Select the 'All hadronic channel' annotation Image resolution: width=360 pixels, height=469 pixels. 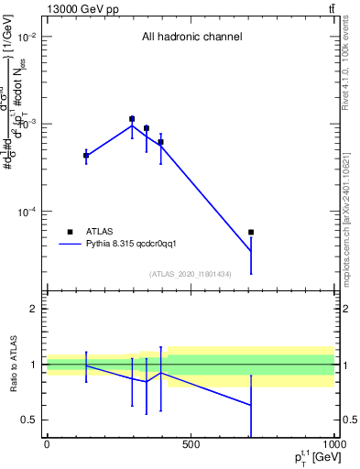pos(191,38)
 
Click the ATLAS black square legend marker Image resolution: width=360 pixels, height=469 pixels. pos(69,232)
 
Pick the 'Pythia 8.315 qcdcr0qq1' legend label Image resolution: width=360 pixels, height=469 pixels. pos(143,245)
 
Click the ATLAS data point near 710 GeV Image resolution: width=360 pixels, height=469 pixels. pos(251,233)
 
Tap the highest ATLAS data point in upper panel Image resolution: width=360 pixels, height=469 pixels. pos(132,119)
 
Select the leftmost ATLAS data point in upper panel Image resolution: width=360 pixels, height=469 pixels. pos(86,156)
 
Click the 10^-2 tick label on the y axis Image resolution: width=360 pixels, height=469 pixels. pos(27,37)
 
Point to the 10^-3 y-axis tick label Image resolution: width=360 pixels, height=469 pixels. pos(27,124)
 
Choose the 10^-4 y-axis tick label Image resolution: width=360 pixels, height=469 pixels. pos(27,211)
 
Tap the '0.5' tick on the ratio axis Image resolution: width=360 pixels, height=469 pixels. pos(30,420)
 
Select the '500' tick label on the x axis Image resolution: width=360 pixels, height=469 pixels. pos(191,445)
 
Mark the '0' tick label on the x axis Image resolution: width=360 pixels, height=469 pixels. pos(47,445)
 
